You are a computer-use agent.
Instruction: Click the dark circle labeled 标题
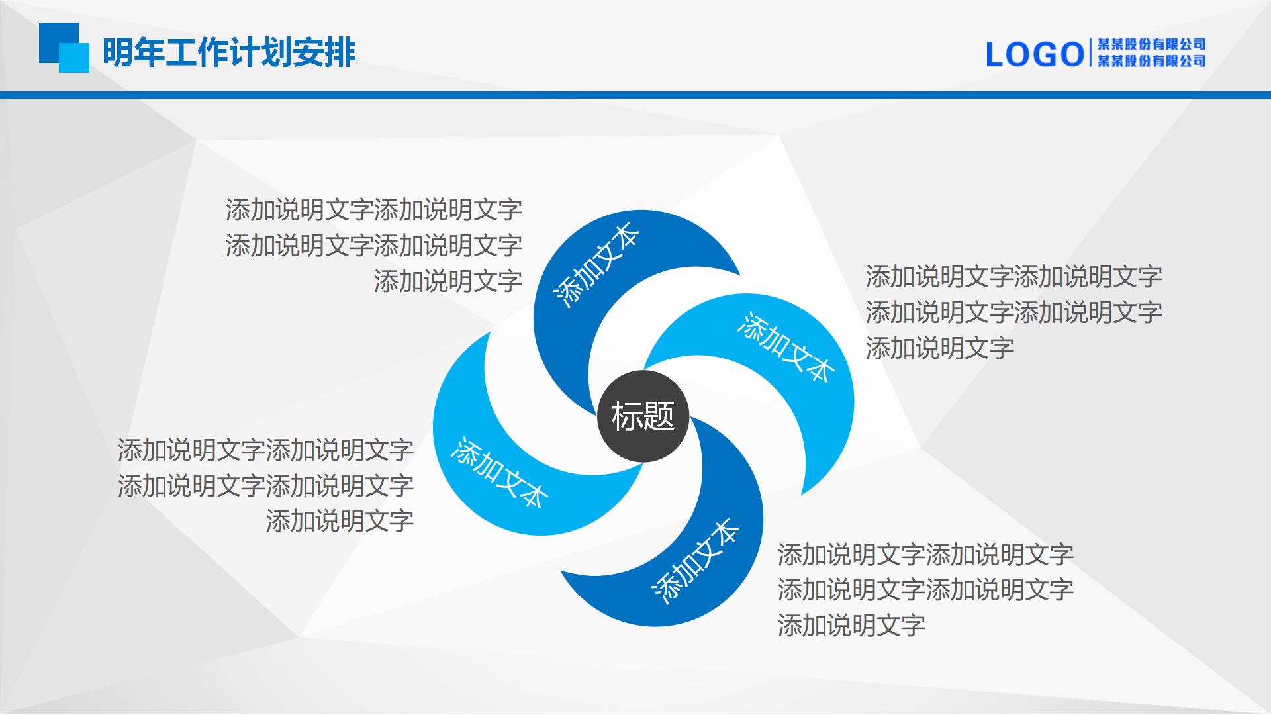coord(643,416)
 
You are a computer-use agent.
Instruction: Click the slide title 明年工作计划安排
coord(229,52)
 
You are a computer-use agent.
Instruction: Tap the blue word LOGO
coord(1035,54)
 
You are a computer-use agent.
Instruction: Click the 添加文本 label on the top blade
coord(596,265)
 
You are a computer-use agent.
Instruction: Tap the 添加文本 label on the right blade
coord(785,347)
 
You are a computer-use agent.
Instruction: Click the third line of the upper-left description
coord(448,281)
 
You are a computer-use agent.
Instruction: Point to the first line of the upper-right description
coord(1014,277)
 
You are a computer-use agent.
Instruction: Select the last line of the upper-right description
coord(940,348)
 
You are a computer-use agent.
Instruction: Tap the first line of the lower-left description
coord(266,450)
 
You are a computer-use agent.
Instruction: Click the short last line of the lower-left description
coord(340,522)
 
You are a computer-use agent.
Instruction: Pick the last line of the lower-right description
coord(852,626)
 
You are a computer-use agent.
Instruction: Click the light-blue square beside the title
coord(74,58)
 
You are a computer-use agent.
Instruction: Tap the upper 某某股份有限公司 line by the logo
coord(1152,44)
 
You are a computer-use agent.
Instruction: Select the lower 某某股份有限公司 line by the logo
coord(1152,61)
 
